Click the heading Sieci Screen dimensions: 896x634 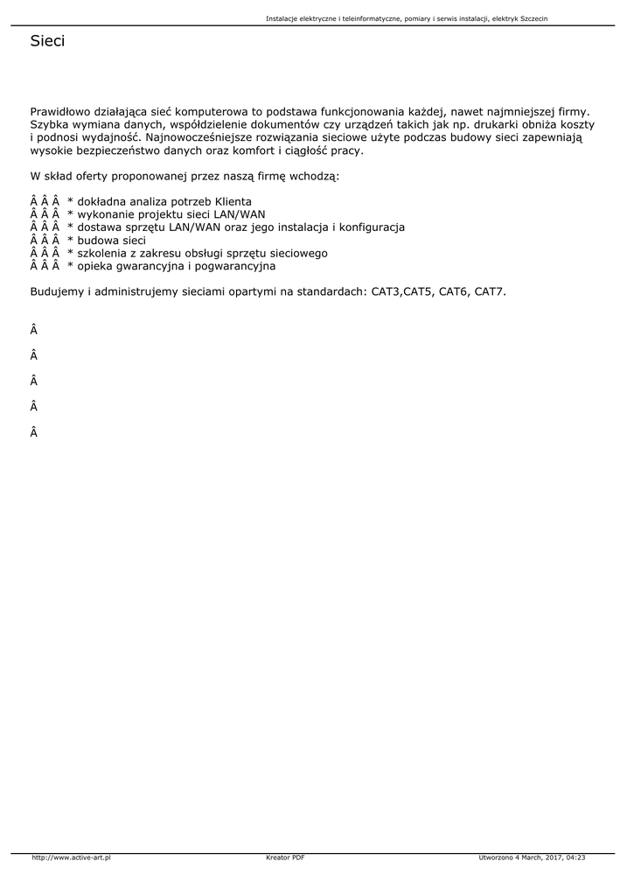click(47, 41)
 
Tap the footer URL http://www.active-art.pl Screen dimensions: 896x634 click(71, 857)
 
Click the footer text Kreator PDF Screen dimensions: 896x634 click(285, 857)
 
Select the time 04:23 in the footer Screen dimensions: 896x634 click(575, 857)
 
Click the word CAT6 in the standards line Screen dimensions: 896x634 click(453, 291)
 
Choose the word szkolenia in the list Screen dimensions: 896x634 click(102, 253)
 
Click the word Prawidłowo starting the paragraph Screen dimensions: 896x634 click(62, 113)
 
